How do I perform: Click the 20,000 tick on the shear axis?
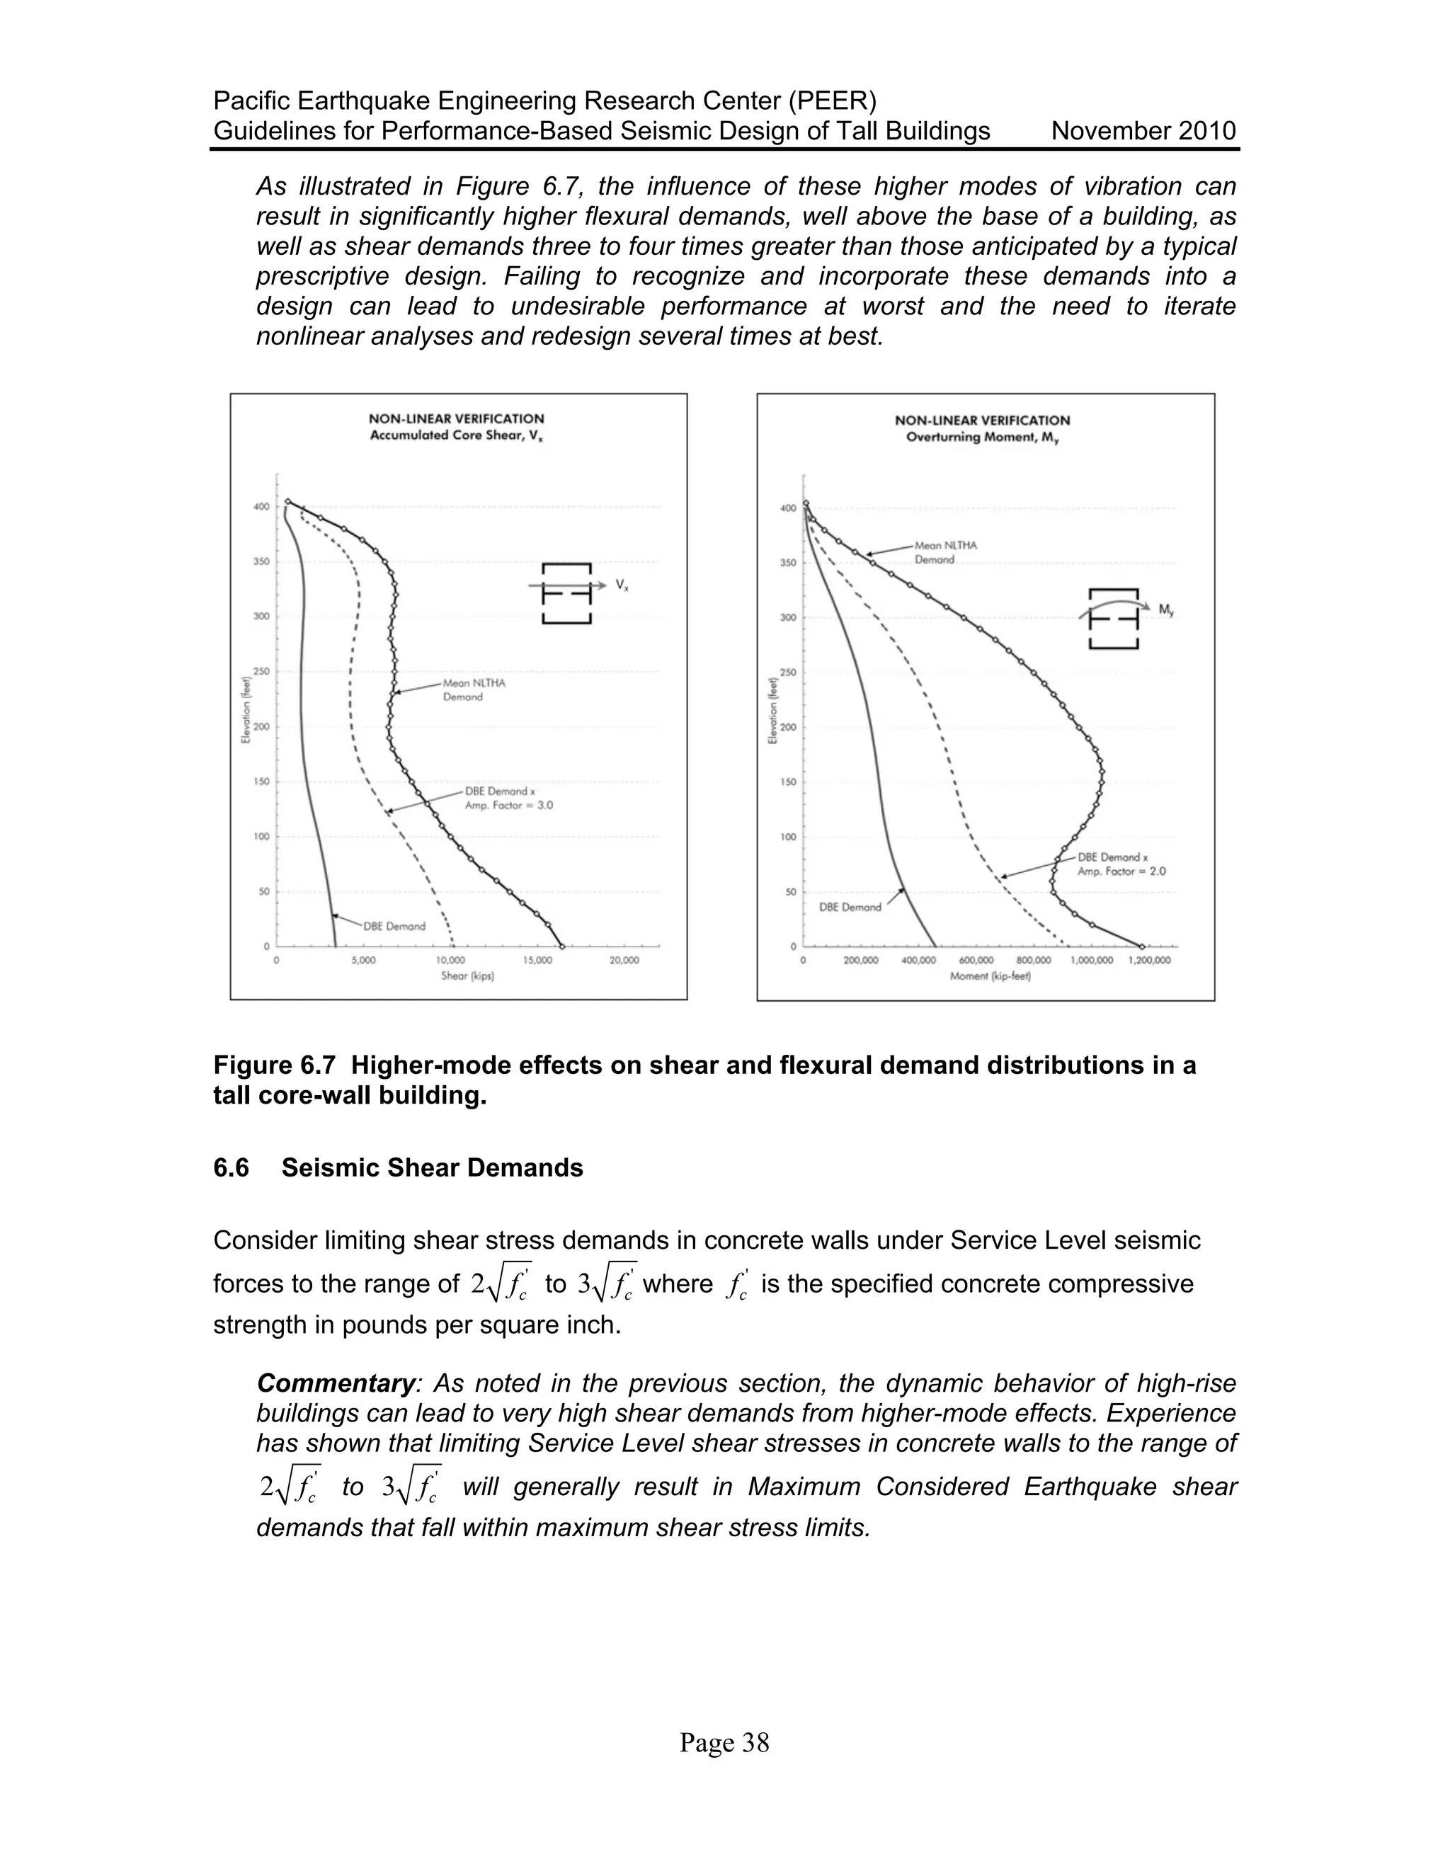coord(624,961)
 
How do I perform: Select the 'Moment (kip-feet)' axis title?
coord(990,977)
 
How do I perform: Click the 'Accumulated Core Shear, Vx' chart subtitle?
coord(456,435)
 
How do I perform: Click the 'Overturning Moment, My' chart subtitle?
coord(982,437)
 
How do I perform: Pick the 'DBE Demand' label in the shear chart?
coord(394,926)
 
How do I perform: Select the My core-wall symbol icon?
coord(1113,619)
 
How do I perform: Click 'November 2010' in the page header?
coord(1143,132)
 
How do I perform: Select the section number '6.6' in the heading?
coord(231,1168)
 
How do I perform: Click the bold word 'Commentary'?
coord(336,1384)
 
